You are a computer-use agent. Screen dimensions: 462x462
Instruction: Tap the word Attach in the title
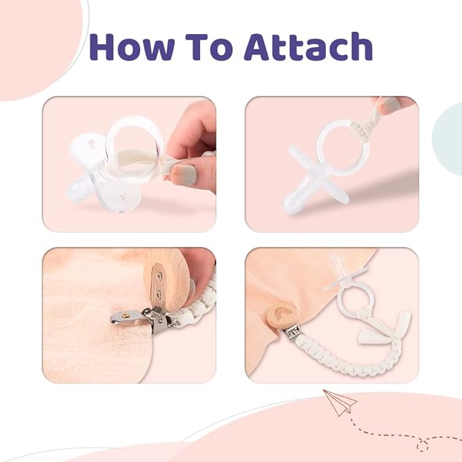pos(309,46)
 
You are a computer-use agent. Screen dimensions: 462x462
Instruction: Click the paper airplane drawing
pos(340,402)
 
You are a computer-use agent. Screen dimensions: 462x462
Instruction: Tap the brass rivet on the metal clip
pos(125,316)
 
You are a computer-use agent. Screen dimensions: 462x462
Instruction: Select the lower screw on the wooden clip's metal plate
pos(159,294)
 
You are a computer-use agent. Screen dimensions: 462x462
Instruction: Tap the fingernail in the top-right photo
pos(389,105)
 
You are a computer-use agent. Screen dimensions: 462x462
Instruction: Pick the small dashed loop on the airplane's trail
pos(423,445)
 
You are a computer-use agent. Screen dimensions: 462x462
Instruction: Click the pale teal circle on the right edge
pos(448,139)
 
